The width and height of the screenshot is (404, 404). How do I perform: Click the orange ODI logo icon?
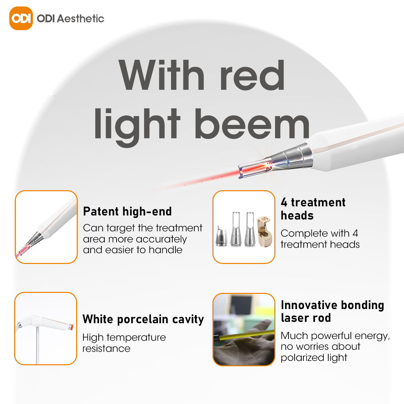pyautogui.click(x=21, y=18)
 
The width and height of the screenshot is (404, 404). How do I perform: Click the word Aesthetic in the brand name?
pyautogui.click(x=80, y=19)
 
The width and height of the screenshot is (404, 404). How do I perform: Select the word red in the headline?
pyautogui.click(x=252, y=75)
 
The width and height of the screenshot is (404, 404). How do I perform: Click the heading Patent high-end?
pyautogui.click(x=127, y=211)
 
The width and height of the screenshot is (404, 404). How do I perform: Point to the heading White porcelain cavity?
pyautogui.click(x=143, y=319)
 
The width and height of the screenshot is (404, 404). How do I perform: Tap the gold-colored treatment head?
pyautogui.click(x=264, y=232)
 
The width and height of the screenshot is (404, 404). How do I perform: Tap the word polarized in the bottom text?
pyautogui.click(x=302, y=358)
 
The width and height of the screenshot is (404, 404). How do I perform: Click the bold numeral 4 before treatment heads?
pyautogui.click(x=284, y=202)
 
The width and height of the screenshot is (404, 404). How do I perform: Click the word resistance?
pyautogui.click(x=106, y=349)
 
